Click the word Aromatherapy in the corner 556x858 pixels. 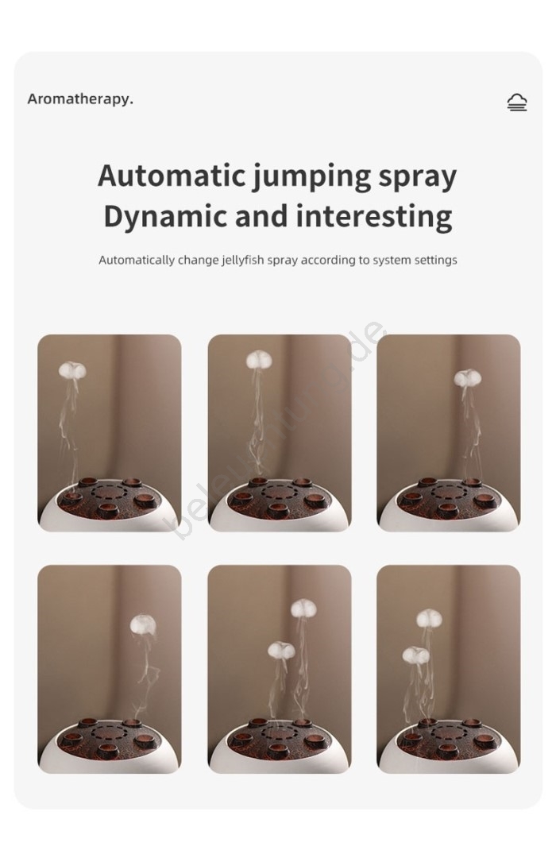79,99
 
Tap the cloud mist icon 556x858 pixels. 516,102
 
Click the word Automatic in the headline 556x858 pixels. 172,176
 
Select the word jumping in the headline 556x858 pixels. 311,178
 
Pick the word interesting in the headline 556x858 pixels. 374,217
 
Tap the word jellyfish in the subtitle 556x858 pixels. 243,260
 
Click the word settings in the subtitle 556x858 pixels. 435,260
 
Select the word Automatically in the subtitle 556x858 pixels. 137,260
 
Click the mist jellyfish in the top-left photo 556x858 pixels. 72,370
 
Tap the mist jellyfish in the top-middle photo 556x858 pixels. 259,360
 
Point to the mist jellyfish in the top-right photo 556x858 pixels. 467,377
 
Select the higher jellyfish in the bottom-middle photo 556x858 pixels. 305,609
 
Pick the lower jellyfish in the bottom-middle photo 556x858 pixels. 281,650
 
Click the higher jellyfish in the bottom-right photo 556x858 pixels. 429,619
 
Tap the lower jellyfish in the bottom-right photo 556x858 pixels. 416,655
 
